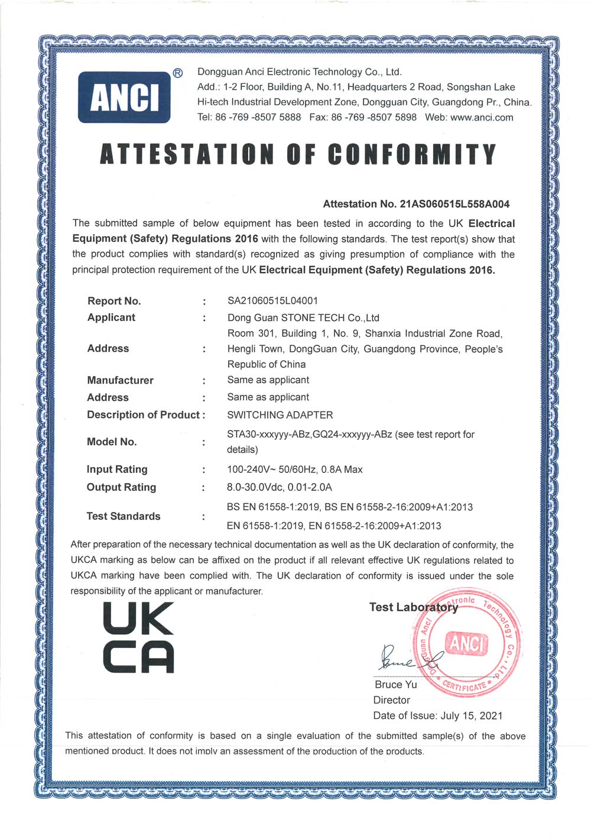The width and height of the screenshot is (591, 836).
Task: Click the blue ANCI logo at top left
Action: [x=124, y=97]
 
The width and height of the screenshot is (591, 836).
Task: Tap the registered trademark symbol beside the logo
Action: [x=177, y=73]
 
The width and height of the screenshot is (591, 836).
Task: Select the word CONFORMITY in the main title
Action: [x=412, y=154]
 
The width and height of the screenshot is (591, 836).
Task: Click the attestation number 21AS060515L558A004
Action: [x=454, y=204]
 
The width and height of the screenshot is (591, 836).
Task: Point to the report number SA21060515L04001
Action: [x=272, y=300]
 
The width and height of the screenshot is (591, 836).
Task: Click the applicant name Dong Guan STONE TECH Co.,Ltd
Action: [x=303, y=317]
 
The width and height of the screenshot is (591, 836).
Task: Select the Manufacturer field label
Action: [x=120, y=380]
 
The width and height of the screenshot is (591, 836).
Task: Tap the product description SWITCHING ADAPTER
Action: [x=280, y=415]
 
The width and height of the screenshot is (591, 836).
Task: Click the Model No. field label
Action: [x=112, y=442]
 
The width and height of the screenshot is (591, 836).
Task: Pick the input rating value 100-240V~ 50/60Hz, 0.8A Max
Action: [x=295, y=469]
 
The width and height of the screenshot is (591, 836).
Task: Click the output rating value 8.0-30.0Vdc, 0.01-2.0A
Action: [x=280, y=487]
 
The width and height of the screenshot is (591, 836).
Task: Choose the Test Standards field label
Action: [x=124, y=516]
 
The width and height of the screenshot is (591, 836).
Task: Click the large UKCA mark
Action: [x=139, y=637]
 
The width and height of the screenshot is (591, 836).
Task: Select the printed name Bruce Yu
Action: [x=395, y=685]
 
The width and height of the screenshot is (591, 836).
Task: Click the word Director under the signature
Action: [x=391, y=700]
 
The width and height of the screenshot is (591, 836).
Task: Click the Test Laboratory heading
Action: [x=413, y=607]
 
